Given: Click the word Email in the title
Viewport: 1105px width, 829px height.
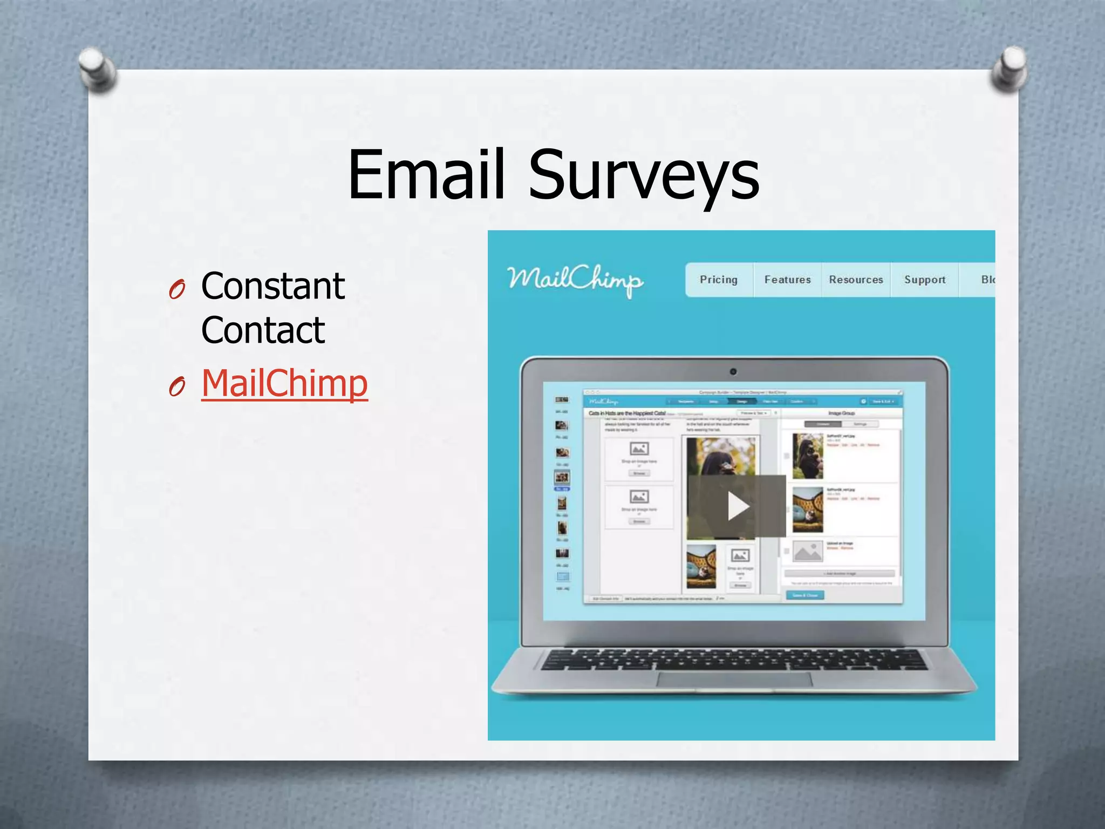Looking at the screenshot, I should [x=426, y=175].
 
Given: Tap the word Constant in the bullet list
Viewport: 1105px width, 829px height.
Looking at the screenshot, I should [x=272, y=286].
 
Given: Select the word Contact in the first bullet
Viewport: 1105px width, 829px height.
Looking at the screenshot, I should [x=263, y=330].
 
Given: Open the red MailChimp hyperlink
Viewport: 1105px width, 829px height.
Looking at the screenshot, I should [x=284, y=383].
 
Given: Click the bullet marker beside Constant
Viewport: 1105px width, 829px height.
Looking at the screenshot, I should [x=177, y=289].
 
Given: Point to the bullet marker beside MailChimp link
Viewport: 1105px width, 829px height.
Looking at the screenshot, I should [x=177, y=386].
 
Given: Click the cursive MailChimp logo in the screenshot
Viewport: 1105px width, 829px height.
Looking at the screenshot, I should [x=575, y=279].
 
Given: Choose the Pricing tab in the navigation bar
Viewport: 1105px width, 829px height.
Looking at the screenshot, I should [x=718, y=280].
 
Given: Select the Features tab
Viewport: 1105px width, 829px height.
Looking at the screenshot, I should [x=787, y=280].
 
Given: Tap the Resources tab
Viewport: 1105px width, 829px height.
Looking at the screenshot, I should [x=856, y=280].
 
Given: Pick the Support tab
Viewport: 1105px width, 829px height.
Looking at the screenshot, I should [x=925, y=280].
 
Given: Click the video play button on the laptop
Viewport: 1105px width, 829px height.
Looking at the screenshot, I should [x=737, y=506].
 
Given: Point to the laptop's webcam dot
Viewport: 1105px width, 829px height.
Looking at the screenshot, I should [x=733, y=371].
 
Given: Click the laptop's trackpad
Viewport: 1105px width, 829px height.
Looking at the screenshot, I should [x=734, y=679].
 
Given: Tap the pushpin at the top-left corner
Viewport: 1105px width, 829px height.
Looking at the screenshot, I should [x=97, y=69].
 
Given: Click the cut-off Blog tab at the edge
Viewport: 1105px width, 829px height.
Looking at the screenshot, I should [x=987, y=280].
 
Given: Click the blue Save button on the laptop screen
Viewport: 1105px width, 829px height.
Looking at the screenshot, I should [x=804, y=595].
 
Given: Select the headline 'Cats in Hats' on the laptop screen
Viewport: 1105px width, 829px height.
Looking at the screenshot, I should [x=627, y=413].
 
